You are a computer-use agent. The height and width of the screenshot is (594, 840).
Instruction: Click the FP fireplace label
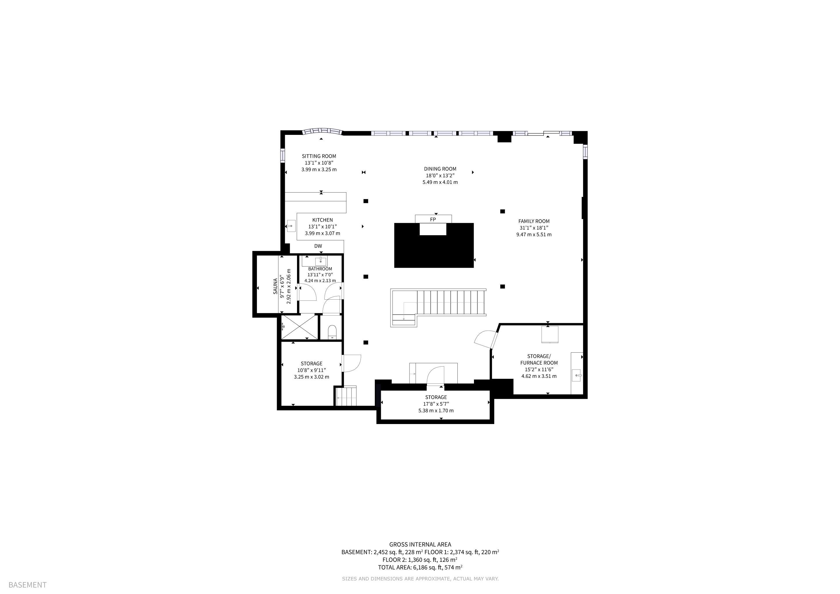[x=433, y=220]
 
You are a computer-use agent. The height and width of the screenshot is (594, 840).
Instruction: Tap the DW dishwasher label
[x=318, y=246]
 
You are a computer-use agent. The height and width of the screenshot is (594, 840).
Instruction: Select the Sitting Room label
[x=319, y=156]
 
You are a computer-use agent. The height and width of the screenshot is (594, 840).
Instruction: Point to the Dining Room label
[x=440, y=169]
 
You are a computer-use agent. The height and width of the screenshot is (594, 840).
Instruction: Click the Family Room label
[x=534, y=221]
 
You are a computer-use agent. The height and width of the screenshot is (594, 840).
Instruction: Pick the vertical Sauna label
[x=275, y=286]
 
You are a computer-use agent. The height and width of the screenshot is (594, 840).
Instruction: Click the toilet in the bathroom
[x=332, y=332]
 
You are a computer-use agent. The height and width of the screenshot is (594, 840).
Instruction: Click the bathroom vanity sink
[x=321, y=261]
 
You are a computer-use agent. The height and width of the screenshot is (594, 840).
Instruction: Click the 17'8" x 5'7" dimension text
[x=436, y=404]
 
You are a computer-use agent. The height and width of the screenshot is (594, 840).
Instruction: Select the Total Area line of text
[x=420, y=567]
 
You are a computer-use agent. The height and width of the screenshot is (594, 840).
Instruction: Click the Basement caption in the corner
[x=28, y=585]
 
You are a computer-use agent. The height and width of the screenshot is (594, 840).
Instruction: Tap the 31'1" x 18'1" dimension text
[x=534, y=228]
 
